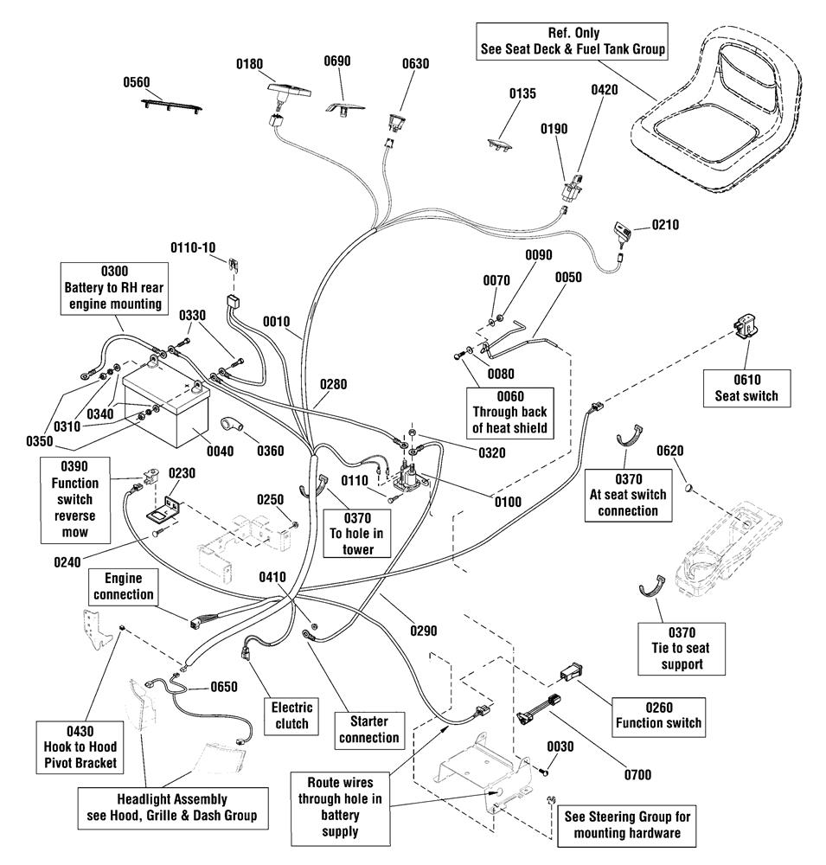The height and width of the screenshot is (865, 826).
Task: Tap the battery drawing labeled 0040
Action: tap(165, 409)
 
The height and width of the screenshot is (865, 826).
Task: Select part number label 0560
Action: tap(137, 82)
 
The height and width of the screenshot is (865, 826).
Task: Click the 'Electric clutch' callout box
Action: tap(291, 715)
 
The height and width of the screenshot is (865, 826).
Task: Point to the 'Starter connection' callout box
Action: tap(369, 730)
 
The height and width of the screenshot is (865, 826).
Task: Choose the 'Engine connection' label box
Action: tap(123, 586)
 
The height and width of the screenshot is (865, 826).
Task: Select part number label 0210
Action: tap(665, 225)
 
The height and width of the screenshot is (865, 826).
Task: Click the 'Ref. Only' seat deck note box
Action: tap(573, 42)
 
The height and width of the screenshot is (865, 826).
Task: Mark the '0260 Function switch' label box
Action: tap(658, 716)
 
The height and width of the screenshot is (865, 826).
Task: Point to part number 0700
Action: tap(637, 774)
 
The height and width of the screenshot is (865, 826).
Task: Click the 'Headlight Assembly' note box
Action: tap(172, 808)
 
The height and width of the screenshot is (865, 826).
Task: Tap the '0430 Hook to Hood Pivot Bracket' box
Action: tap(80, 747)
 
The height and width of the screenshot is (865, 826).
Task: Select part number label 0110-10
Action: tap(193, 247)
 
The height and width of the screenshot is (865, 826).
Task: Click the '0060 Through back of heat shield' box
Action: tap(509, 412)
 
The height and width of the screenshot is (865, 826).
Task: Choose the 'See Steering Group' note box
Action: tap(627, 825)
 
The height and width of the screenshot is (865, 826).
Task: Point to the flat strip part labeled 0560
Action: tap(171, 105)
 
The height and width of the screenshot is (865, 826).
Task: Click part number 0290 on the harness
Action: tap(423, 631)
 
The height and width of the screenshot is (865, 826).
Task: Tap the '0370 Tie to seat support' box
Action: tap(682, 648)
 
